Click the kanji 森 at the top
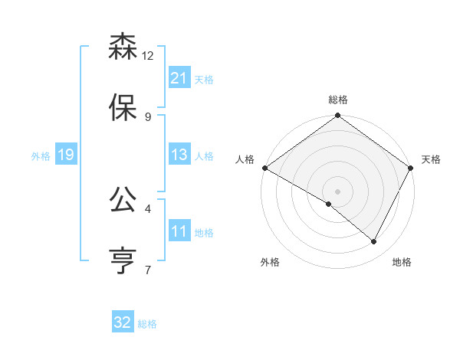point(123,47)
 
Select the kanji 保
point(123,107)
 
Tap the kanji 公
point(123,200)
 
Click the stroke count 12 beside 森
point(148,56)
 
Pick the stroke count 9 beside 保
point(148,116)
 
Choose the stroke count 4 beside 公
point(148,208)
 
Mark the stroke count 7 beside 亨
point(148,270)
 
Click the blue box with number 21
point(179,77)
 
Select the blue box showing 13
point(179,155)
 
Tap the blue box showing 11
point(179,231)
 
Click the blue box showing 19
point(65,155)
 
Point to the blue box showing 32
point(123,322)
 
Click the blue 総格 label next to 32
point(147,324)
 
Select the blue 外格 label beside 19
point(41,156)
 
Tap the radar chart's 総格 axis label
point(338,100)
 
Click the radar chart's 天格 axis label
point(431,159)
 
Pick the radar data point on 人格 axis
point(264,168)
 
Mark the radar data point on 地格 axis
point(374,242)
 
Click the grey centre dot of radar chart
point(338,191)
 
